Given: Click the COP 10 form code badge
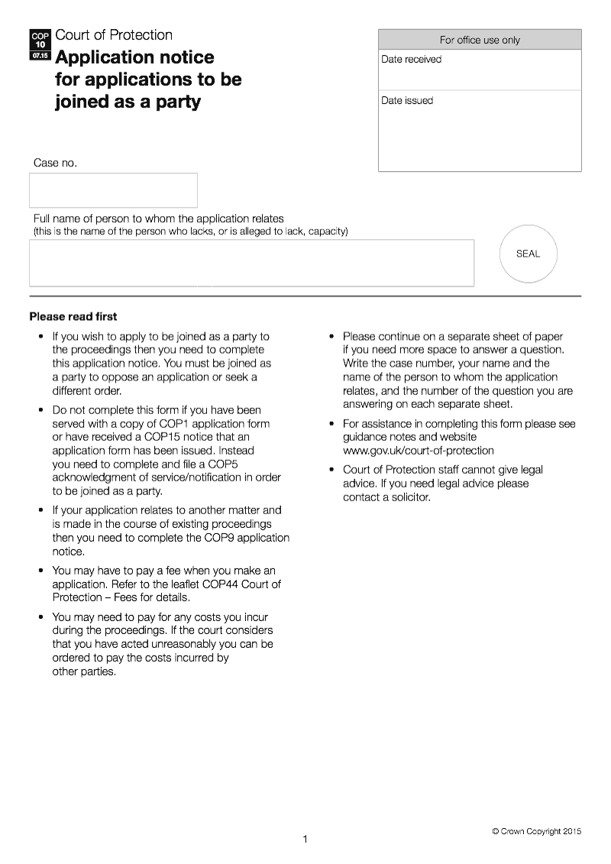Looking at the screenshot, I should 40,45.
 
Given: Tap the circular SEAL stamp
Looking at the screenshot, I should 528,254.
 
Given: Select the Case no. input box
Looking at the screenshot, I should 113,190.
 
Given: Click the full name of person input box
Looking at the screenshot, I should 251,264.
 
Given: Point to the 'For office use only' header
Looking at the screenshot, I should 480,40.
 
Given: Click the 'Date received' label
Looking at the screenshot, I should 412,60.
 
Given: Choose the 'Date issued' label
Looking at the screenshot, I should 407,101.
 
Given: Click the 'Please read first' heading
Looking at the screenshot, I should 73,316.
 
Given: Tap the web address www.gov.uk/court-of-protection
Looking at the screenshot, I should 418,451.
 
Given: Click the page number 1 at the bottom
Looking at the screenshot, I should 305,840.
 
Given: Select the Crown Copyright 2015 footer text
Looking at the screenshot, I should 536,831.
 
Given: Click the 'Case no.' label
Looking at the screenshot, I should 55,163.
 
